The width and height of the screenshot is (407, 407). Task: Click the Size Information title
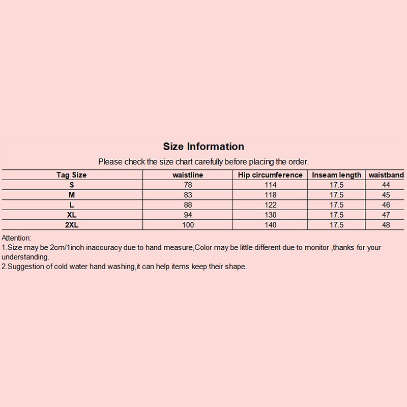pos(203,147)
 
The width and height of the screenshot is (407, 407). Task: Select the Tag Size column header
pos(71,175)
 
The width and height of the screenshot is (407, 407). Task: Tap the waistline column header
pos(188,175)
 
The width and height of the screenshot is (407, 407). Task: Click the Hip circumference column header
pos(270,175)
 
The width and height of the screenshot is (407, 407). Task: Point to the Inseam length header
pos(336,175)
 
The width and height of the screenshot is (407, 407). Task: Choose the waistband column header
pos(386,175)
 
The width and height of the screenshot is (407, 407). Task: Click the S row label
pos(72,185)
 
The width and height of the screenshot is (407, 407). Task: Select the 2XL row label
pos(72,225)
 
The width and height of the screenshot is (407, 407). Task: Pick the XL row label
pos(72,215)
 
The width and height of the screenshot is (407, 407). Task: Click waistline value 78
pos(188,185)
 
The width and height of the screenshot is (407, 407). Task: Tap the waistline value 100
pos(188,225)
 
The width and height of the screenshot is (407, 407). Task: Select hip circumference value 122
pos(270,205)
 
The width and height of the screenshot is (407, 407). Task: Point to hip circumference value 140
pos(270,225)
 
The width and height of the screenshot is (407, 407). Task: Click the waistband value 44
pos(386,185)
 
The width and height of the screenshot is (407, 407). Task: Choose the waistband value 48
pos(386,225)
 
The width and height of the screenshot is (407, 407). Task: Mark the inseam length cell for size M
pos(336,195)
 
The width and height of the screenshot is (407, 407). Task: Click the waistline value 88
pos(188,205)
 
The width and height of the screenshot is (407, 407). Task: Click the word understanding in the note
pos(25,257)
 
